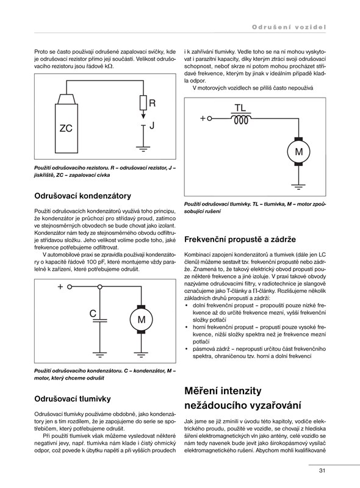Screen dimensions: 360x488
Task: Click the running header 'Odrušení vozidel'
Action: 289,27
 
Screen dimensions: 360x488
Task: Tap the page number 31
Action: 322,470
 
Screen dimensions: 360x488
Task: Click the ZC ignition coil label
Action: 66,128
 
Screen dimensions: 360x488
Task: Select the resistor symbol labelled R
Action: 143,102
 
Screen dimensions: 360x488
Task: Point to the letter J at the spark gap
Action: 152,126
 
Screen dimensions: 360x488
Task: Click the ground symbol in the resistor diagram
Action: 143,149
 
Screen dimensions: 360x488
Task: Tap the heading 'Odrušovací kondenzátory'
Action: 82,196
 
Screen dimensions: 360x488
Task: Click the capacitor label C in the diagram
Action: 93,314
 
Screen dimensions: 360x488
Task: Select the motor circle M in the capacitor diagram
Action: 142,319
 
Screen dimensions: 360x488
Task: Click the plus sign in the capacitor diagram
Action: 60,287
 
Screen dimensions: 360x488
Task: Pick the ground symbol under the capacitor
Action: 100,354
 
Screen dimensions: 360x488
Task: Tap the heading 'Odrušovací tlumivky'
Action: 73,399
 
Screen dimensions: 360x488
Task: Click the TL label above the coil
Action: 240,108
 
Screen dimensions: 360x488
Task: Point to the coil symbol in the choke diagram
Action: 240,120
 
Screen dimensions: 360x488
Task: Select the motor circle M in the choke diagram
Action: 298,151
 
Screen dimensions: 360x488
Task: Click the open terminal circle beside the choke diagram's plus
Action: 209,118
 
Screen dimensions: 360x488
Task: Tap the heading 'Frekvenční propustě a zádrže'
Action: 240,239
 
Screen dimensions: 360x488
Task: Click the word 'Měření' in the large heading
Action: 203,390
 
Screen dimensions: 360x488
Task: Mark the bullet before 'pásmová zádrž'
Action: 186,349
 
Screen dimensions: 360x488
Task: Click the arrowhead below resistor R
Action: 143,116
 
